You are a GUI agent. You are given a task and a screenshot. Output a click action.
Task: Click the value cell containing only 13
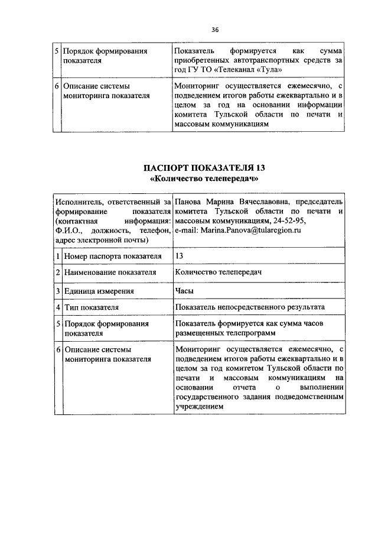pos(180,256)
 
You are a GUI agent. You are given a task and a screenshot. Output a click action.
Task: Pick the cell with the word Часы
pos(184,290)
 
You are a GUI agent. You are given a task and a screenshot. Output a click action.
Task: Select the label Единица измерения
pos(99,291)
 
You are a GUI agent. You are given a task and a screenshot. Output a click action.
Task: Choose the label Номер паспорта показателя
pos(113,256)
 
